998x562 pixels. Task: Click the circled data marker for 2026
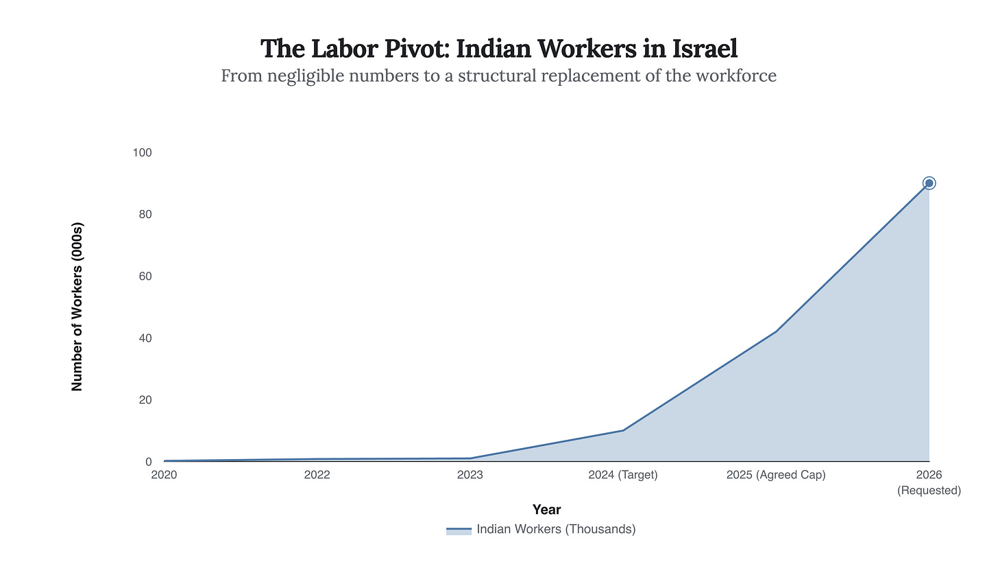click(x=929, y=183)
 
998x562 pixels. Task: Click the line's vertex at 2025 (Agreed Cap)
click(x=776, y=331)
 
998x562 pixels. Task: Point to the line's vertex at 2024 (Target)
click(x=623, y=430)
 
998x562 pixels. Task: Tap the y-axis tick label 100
click(x=142, y=152)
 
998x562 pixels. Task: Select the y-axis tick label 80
click(x=145, y=214)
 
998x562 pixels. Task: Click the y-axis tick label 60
click(x=145, y=276)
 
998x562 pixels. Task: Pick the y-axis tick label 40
click(x=145, y=338)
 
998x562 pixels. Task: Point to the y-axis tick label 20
click(x=145, y=399)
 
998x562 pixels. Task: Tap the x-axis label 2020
click(x=164, y=475)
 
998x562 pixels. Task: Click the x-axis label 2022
click(x=317, y=475)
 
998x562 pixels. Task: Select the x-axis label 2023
click(x=470, y=475)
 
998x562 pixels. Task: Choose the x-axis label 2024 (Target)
click(x=623, y=475)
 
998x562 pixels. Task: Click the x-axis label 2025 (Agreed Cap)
click(x=776, y=475)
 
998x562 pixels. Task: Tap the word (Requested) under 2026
click(x=929, y=491)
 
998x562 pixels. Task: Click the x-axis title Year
click(x=546, y=510)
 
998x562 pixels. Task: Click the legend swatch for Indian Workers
click(x=459, y=530)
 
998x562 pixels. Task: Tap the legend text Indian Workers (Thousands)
click(x=556, y=529)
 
